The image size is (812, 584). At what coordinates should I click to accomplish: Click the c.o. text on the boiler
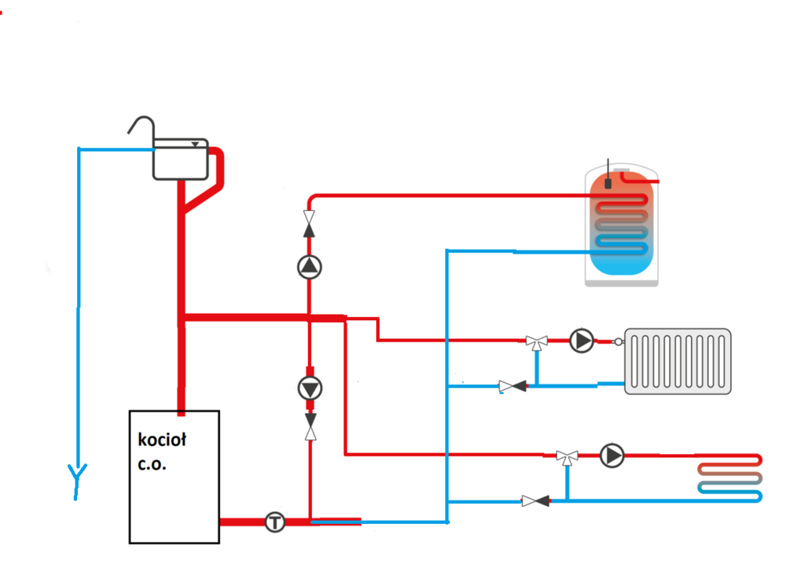(x=153, y=466)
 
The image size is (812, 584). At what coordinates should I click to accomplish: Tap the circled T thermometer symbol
(x=275, y=522)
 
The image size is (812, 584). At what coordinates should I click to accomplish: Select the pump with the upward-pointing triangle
(x=309, y=267)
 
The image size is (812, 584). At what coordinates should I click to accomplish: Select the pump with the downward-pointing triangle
(x=309, y=389)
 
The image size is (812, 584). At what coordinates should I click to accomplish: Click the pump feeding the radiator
(x=581, y=341)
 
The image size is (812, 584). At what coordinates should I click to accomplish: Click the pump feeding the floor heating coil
(x=613, y=455)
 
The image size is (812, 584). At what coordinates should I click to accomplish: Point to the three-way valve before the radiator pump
(x=536, y=341)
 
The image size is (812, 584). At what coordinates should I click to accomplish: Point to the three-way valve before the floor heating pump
(x=567, y=457)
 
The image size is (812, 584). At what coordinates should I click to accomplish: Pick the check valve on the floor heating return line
(x=535, y=501)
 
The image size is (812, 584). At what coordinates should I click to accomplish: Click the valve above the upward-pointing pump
(x=309, y=219)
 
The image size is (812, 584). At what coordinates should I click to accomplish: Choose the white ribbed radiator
(x=677, y=361)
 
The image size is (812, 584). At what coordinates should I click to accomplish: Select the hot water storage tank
(x=622, y=227)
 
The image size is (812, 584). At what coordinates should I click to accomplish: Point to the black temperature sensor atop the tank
(x=607, y=183)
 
